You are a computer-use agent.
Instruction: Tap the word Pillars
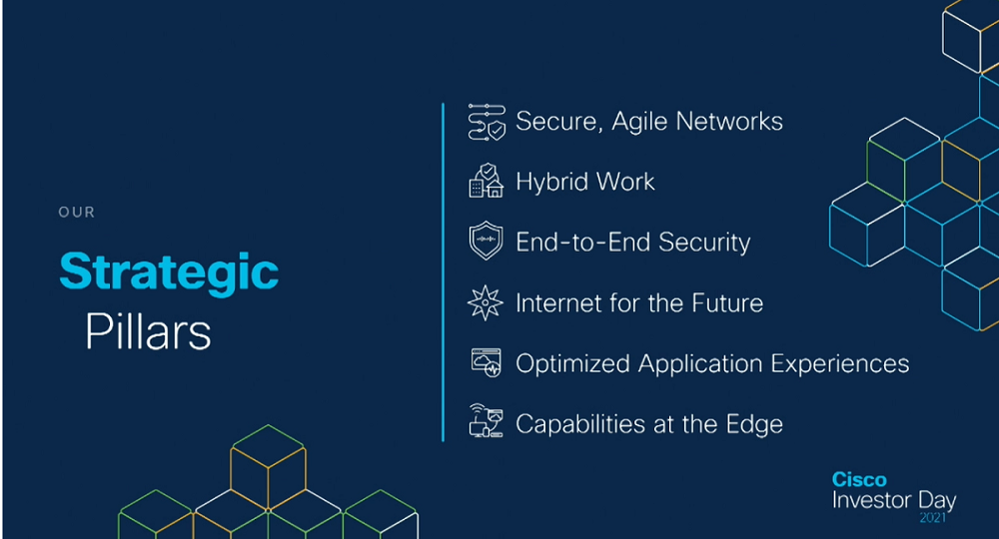(x=148, y=332)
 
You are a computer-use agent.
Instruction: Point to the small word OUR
(x=77, y=212)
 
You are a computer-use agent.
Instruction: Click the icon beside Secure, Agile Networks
(x=487, y=122)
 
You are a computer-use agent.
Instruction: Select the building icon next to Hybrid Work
(x=486, y=182)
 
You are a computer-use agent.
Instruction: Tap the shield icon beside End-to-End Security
(x=486, y=242)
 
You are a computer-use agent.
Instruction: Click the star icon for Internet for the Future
(x=486, y=302)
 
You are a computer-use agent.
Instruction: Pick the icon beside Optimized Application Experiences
(x=487, y=363)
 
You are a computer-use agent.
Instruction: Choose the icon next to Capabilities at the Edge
(x=486, y=423)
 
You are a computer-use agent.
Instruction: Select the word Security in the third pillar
(x=704, y=243)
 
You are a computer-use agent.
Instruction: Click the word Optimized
(x=572, y=364)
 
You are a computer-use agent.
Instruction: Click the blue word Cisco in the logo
(x=859, y=480)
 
